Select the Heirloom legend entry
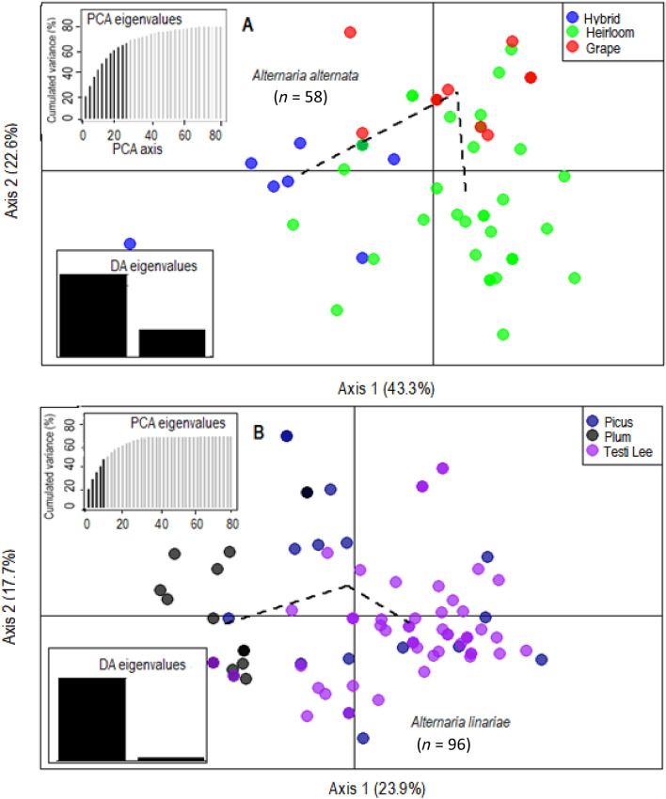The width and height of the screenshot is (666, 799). (608, 33)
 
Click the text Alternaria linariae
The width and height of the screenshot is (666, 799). (455, 721)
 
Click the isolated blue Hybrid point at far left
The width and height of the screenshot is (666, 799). (131, 243)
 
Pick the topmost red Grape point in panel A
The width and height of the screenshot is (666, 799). (350, 32)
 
